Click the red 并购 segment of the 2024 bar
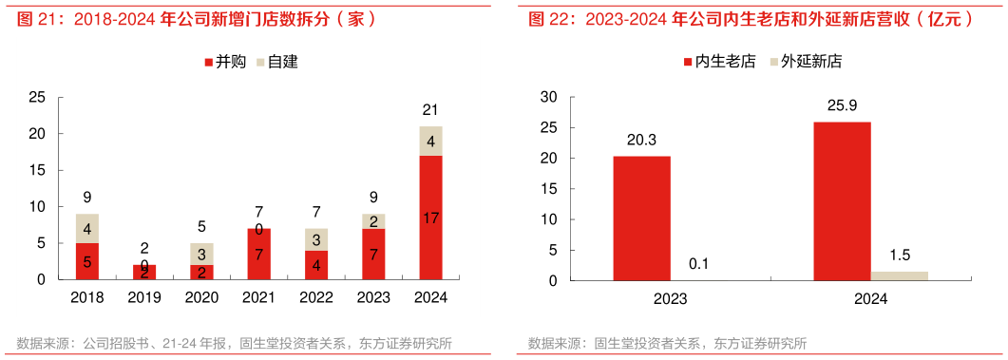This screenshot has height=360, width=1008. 430,218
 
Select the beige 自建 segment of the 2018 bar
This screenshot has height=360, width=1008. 87,228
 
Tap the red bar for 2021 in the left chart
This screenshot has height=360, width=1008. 258,254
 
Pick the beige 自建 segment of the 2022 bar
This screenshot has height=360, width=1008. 316,239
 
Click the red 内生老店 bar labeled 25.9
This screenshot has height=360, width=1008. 842,200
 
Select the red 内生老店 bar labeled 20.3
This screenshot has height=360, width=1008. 641,218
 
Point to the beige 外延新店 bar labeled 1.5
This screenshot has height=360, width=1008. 899,275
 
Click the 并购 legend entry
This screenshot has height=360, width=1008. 226,62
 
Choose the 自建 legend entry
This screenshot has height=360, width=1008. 278,62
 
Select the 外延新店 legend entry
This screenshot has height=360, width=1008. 807,62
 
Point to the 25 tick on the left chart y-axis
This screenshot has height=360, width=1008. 37,97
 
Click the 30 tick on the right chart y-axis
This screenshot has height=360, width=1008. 548,97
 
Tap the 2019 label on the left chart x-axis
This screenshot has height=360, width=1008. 144,297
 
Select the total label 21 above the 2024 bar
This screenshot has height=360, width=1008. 430,110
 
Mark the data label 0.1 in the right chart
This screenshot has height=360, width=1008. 698,263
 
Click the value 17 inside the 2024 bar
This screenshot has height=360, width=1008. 430,218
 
